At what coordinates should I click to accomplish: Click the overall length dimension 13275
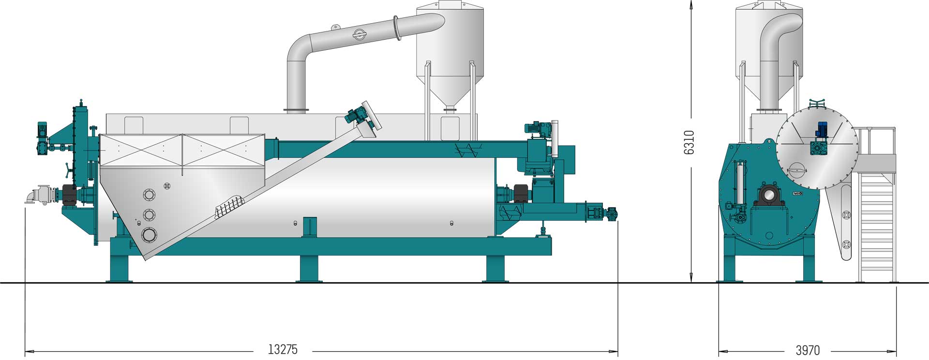[283, 349]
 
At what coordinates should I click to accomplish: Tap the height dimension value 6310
[689, 142]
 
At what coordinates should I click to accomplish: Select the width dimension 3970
[808, 350]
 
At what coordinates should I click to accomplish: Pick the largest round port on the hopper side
[150, 235]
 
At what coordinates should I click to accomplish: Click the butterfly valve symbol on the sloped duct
[358, 33]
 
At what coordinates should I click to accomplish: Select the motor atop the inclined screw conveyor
[357, 116]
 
